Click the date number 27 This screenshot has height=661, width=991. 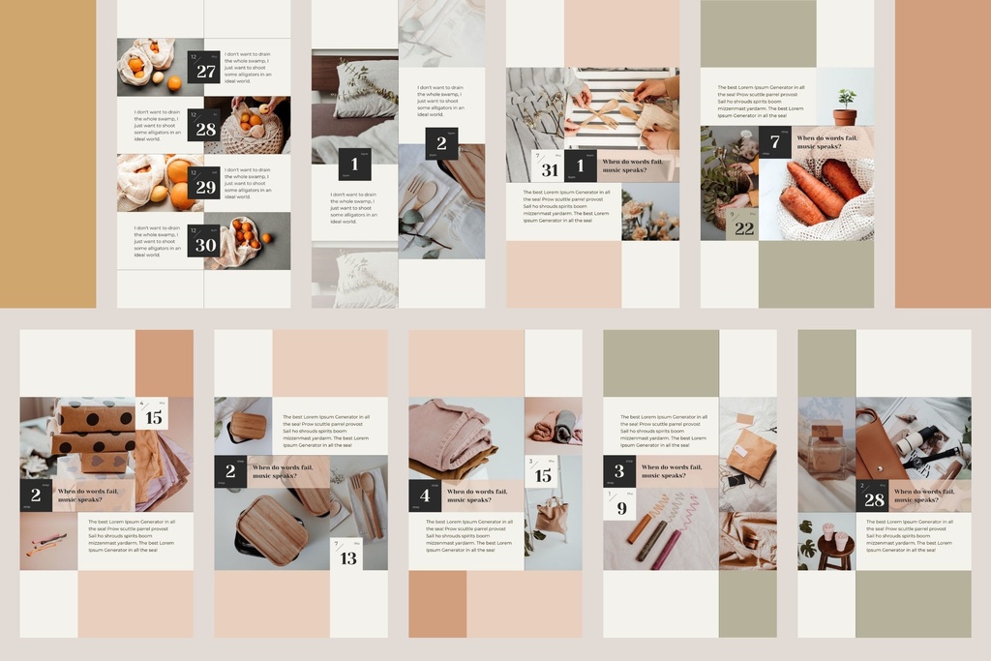tap(206, 71)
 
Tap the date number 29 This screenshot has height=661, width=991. tap(206, 187)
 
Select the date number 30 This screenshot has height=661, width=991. tap(206, 245)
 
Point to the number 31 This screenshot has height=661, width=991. tap(550, 170)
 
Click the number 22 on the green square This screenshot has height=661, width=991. tap(743, 228)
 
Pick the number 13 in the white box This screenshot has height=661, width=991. tap(348, 557)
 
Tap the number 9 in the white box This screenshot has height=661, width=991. tap(621, 507)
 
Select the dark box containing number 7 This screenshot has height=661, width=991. tap(774, 142)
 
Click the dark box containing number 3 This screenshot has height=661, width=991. tap(619, 471)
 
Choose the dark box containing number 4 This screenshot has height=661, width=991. tap(425, 496)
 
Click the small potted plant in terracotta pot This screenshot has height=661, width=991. tap(846, 107)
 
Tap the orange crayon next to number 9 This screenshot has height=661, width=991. tap(640, 527)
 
